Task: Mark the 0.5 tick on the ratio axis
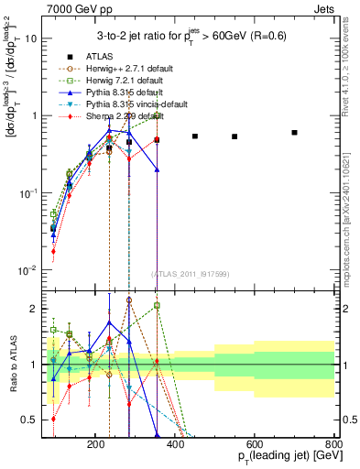[x=54, y=420]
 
